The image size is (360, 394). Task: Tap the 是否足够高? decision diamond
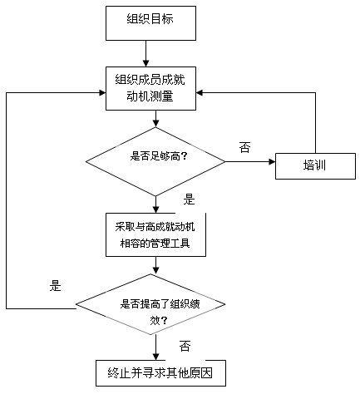click(155, 160)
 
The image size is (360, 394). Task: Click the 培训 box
click(314, 164)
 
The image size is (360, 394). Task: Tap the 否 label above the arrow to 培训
click(244, 147)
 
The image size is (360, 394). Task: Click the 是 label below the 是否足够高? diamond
click(189, 199)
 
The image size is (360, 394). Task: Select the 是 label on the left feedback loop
click(56, 287)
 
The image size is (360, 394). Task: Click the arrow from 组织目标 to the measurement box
click(146, 52)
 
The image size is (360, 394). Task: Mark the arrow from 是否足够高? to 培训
click(249, 161)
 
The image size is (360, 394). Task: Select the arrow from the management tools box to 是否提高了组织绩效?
click(155, 265)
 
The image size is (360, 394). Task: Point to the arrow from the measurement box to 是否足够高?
click(155, 118)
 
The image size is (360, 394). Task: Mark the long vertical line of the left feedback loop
click(7, 199)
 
